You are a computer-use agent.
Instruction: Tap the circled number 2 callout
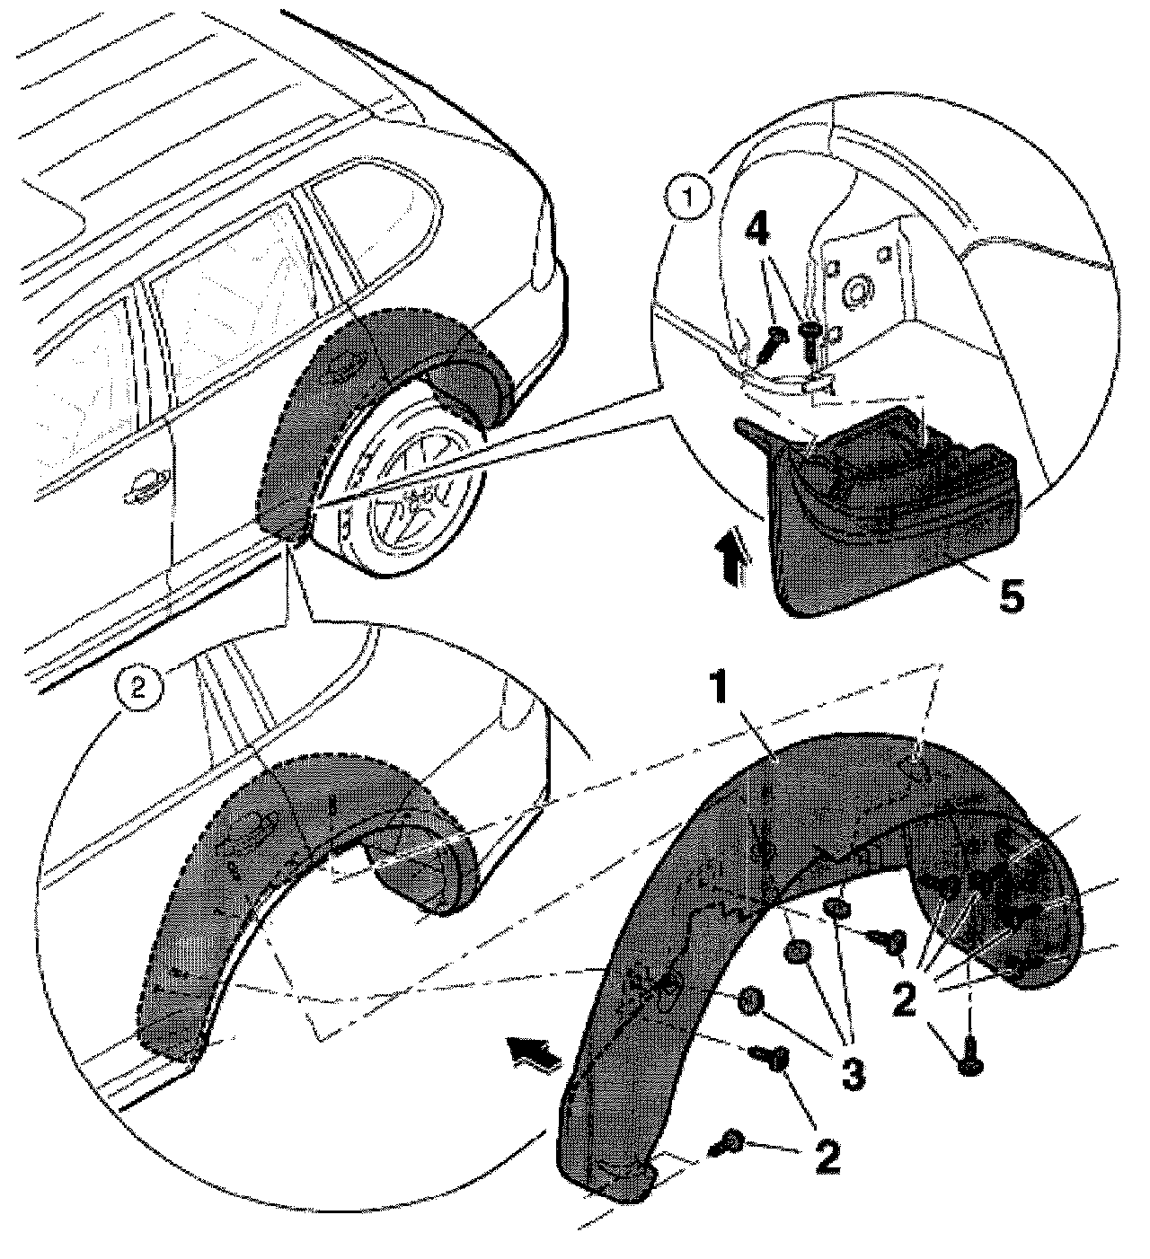pyautogui.click(x=138, y=689)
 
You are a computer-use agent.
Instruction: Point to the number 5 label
pyautogui.click(x=1012, y=595)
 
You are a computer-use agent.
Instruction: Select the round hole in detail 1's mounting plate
pyautogui.click(x=859, y=292)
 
